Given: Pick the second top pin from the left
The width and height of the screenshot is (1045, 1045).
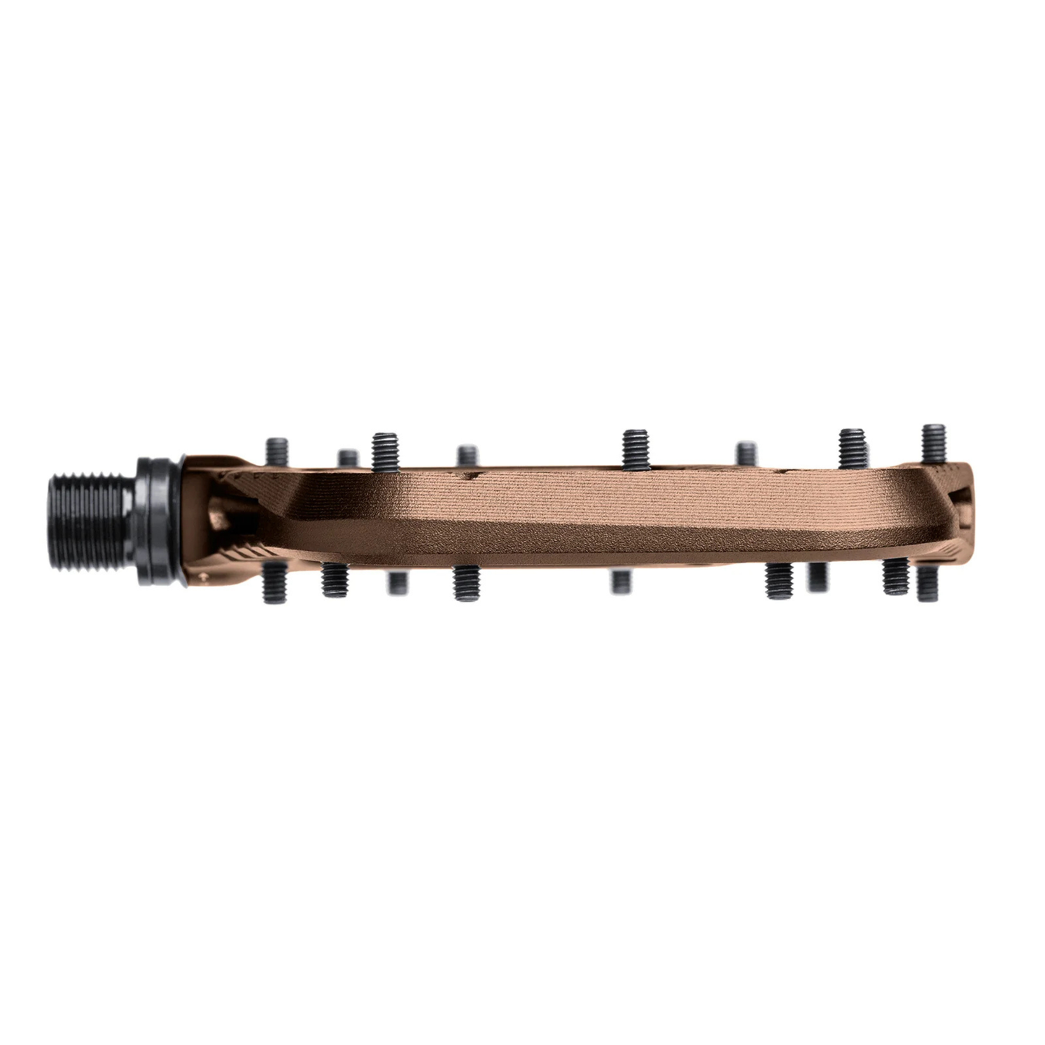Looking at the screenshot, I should tap(348, 458).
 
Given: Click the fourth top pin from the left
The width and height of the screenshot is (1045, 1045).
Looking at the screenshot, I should tap(467, 456).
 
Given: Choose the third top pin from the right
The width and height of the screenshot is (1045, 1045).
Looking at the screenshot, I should tap(746, 453).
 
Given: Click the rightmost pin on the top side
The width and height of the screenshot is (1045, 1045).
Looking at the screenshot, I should tap(934, 443).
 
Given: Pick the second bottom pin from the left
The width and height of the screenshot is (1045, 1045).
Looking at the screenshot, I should tap(334, 579).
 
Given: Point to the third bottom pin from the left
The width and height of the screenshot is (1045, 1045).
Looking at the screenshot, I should tap(396, 582).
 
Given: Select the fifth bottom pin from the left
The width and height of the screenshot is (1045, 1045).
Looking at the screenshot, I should tap(620, 581).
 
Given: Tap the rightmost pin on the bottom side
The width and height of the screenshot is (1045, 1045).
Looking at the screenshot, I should tap(928, 584).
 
